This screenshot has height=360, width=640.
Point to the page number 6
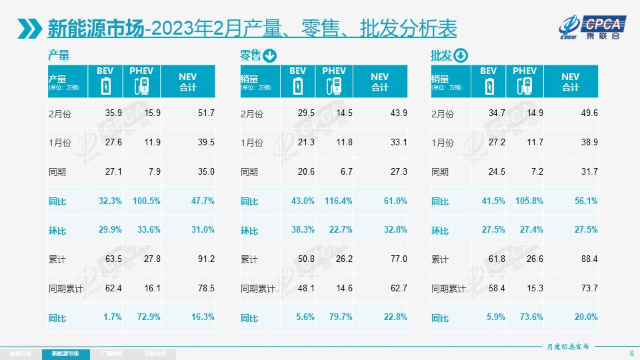631,353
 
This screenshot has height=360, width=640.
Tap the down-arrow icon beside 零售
269,55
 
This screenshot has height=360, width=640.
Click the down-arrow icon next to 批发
461,55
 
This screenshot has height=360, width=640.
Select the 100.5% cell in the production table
145,201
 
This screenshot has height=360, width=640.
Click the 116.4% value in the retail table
337,201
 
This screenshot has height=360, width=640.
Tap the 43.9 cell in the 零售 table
399,113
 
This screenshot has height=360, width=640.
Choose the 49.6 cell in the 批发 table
589,113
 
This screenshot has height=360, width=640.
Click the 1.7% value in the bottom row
113,317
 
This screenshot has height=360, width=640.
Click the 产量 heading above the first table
59,55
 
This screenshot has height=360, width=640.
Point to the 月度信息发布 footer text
568,347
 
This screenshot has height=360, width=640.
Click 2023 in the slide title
175,29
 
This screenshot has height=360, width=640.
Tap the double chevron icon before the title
29,29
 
